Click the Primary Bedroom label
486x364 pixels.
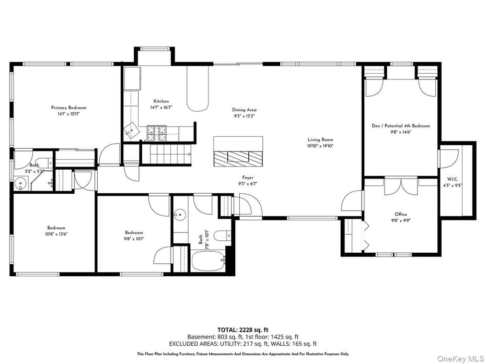coord(68,108)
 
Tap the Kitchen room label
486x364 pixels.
coord(161,101)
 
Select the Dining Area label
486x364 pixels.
coord(244,110)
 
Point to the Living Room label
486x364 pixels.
coord(320,140)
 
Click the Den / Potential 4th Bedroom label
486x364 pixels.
coord(400,126)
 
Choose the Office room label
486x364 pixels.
coord(401,214)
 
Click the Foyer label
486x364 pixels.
coord(248,178)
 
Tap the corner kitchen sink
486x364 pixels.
coord(132,131)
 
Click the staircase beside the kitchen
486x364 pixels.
coord(166,154)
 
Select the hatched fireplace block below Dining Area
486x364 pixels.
coord(238,158)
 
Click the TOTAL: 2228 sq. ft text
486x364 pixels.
coord(243,330)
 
